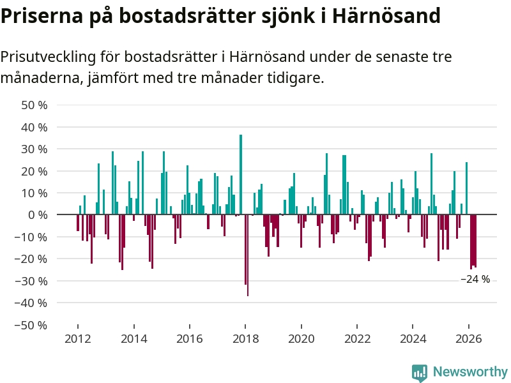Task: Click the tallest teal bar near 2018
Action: click(x=241, y=174)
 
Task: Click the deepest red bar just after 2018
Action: click(x=248, y=255)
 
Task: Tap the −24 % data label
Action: click(x=475, y=279)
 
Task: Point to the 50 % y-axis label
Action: click(x=34, y=105)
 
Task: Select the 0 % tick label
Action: click(x=38, y=214)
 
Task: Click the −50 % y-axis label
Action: click(x=31, y=325)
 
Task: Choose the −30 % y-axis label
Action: click(x=31, y=281)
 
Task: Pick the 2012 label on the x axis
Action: click(x=77, y=339)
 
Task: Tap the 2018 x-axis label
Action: click(x=245, y=339)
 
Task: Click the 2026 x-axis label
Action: click(x=469, y=339)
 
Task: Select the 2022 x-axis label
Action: click(x=357, y=339)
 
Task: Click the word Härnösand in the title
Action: click(x=386, y=15)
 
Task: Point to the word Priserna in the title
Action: click(x=42, y=15)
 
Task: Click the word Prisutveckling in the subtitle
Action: click(x=49, y=57)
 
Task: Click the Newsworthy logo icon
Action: click(x=420, y=372)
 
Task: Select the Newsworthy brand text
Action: click(x=470, y=372)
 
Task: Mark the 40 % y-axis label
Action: click(x=34, y=127)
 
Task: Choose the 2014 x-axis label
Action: click(x=133, y=339)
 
